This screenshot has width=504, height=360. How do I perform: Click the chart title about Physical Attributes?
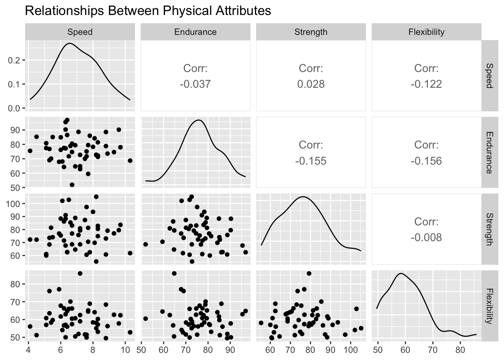coord(148,11)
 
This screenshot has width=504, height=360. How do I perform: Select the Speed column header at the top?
coord(79,32)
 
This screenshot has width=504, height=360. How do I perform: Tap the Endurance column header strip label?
coord(195,32)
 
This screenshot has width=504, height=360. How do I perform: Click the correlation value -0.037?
coord(195,84)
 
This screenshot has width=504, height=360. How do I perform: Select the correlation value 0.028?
coord(310,84)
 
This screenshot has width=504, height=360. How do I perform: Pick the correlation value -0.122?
coord(426,84)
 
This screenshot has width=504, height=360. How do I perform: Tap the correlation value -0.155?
coord(310,161)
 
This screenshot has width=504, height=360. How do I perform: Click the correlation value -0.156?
coord(426,161)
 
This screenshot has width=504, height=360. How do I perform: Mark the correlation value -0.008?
coord(426,237)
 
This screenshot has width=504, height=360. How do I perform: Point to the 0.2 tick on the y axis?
coord(13,60)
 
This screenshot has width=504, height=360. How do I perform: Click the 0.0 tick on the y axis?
coord(13,108)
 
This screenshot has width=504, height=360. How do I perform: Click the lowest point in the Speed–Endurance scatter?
coord(72,184)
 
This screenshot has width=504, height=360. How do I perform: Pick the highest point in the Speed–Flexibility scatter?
coord(80,273)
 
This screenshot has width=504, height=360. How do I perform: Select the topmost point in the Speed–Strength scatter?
coord(96,196)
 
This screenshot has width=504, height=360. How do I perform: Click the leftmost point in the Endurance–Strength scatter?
coord(145,244)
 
